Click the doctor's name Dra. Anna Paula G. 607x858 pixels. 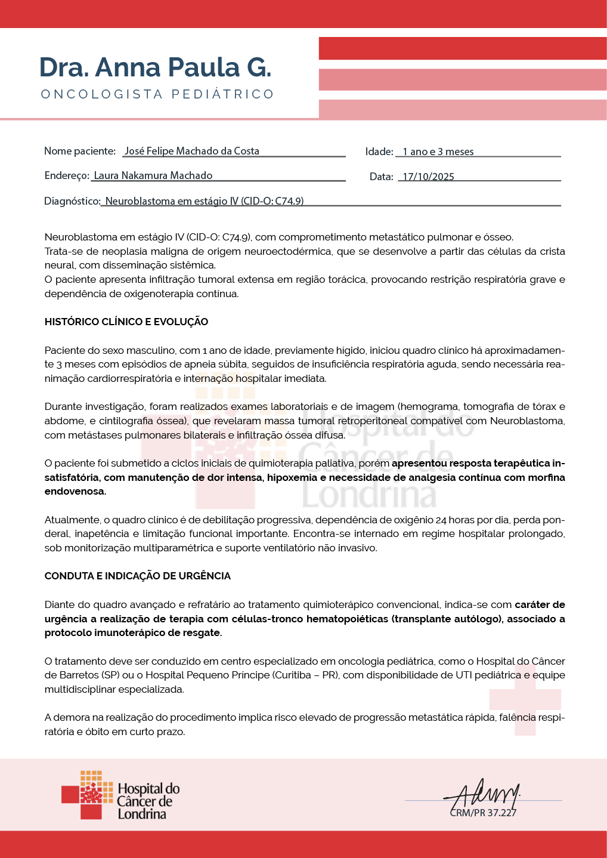coord(155,67)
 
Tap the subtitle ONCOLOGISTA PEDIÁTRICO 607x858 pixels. coord(157,94)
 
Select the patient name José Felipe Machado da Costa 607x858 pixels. coord(191,151)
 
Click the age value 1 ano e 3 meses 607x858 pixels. coord(438,152)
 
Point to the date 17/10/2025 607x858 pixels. coord(428,177)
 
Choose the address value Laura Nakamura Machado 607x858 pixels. coord(153,175)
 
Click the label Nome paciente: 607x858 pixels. coord(80,151)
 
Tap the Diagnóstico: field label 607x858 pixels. coord(72,201)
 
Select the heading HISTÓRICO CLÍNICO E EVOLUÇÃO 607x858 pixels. coord(126,322)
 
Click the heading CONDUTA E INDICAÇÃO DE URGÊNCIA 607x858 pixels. coord(138,576)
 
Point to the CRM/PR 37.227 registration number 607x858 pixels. coord(483,813)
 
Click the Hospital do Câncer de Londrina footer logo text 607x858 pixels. coord(148,801)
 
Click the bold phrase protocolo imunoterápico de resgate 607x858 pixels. coord(133,632)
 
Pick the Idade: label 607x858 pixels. coord(379,152)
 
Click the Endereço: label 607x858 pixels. coord(67,175)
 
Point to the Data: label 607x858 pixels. coord(382,177)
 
